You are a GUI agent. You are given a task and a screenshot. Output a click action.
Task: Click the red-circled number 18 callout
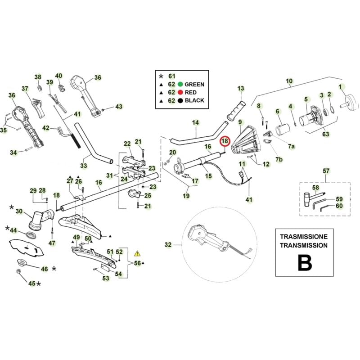pyautogui.click(x=225, y=141)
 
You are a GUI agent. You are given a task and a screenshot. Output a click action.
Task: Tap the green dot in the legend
pyautogui.click(x=180, y=84)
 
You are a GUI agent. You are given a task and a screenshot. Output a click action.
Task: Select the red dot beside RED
pyautogui.click(x=180, y=92)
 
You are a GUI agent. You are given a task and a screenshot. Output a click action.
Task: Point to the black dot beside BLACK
pyautogui.click(x=180, y=100)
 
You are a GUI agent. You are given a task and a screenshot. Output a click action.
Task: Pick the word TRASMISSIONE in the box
pyautogui.click(x=304, y=237)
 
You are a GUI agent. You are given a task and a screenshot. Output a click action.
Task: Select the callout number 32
pyautogui.click(x=168, y=245)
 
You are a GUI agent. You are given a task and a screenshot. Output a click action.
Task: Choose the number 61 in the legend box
pyautogui.click(x=171, y=76)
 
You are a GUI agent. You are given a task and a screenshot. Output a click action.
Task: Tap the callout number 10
pyautogui.click(x=289, y=81)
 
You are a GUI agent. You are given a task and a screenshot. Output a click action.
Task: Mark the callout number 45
pyautogui.click(x=31, y=283)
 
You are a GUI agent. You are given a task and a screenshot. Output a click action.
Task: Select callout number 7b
pyautogui.click(x=279, y=160)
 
